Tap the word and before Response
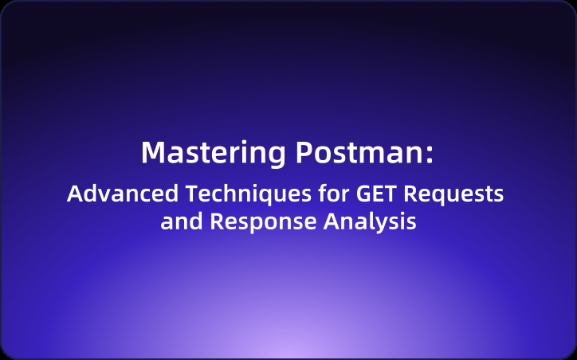[182, 221]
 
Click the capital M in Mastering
[152, 152]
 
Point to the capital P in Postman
[304, 152]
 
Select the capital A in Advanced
[74, 194]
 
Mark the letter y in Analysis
[387, 225]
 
